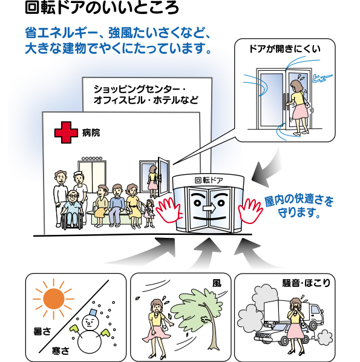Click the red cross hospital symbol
tap(66, 133)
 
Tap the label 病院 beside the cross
tap(91, 133)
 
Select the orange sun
tap(53, 299)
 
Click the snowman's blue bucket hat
tap(93, 312)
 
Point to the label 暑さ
tap(42, 332)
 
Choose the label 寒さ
tap(61, 351)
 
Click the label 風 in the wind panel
tap(217, 283)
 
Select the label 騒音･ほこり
tap(307, 283)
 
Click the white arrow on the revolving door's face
tap(209, 208)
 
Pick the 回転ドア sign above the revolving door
tap(209, 180)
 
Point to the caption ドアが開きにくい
tap(285, 49)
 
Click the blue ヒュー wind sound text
tap(322, 78)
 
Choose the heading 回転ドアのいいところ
tap(102, 8)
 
